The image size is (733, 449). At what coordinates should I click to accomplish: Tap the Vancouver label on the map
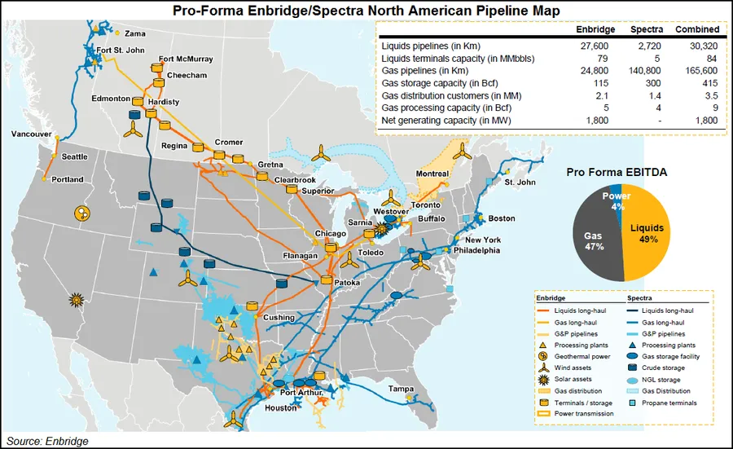point(30,134)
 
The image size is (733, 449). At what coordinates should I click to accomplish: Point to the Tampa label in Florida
point(401,388)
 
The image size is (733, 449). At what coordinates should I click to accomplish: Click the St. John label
point(521,183)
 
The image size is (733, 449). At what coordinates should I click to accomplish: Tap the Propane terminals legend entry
point(673,403)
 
